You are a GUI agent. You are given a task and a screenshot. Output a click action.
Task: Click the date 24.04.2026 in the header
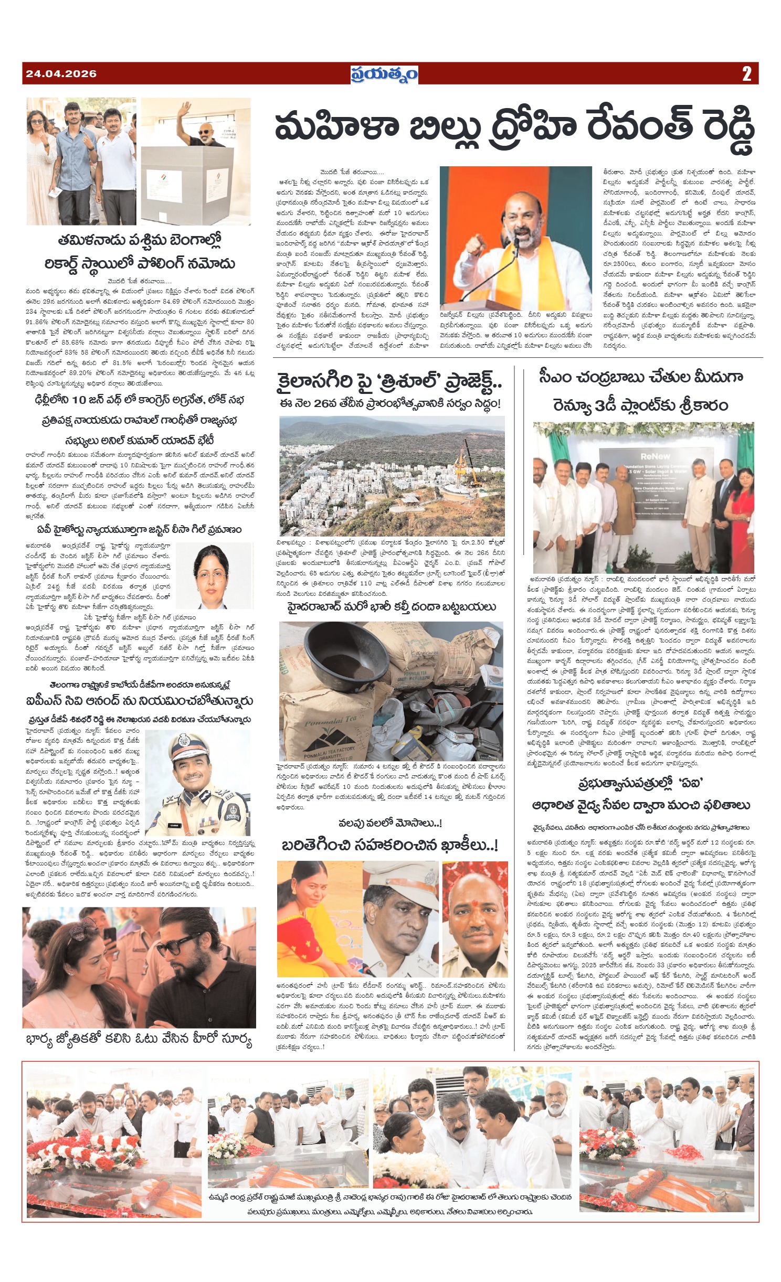tap(61, 73)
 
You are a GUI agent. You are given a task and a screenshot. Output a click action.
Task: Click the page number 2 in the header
tap(746, 74)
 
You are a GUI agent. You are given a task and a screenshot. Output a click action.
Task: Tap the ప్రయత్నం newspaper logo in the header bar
tap(384, 74)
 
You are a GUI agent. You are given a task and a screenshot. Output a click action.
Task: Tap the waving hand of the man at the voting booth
tap(185, 112)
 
